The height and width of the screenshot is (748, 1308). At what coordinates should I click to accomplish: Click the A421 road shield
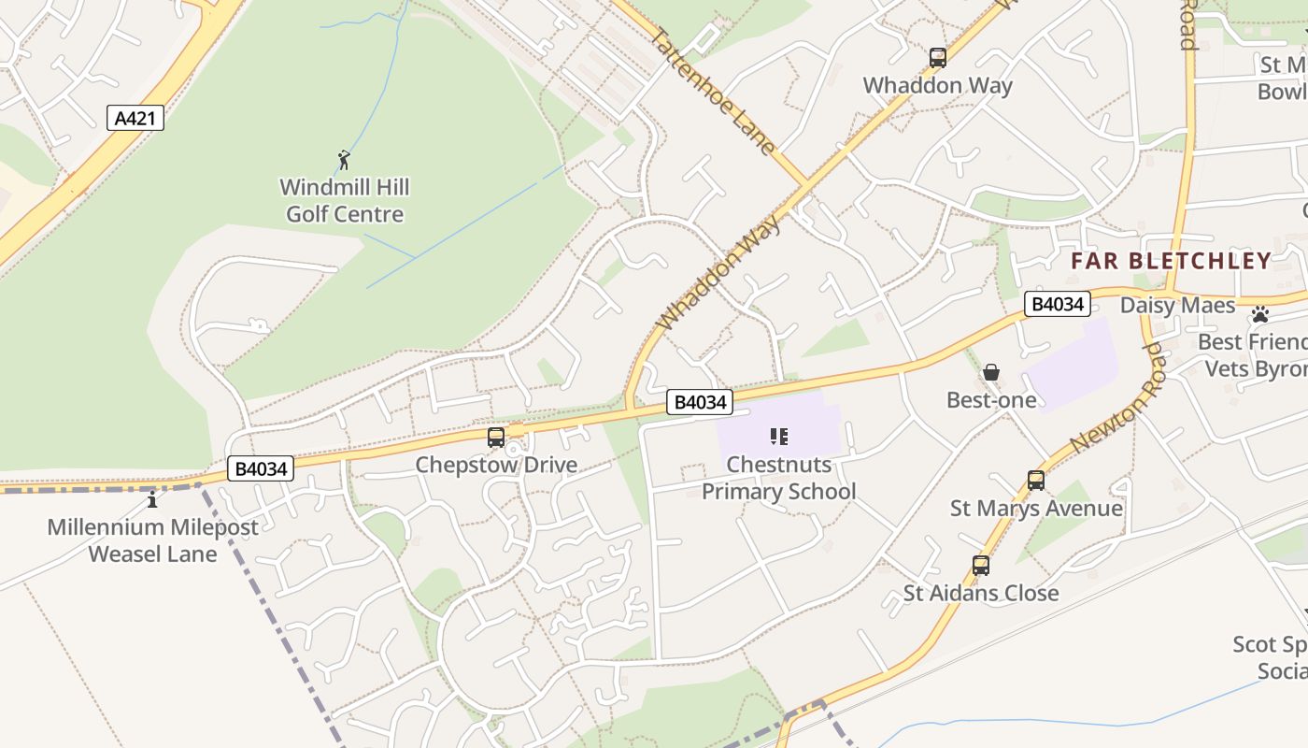pos(135,119)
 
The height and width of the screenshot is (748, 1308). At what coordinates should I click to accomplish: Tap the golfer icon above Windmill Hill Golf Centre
pos(344,160)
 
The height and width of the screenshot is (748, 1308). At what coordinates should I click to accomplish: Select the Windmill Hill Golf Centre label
pos(345,201)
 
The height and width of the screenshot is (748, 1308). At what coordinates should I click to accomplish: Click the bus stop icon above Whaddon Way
pos(938,58)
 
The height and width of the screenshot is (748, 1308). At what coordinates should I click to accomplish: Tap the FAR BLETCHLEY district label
pos(1171,261)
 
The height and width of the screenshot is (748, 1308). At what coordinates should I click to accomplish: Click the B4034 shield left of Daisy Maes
pos(1058,304)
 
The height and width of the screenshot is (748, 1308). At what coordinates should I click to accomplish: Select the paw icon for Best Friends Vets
pos(1260,314)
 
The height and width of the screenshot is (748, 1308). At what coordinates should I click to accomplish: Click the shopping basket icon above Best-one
pos(991,373)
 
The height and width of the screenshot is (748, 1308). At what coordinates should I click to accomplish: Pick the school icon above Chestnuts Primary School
pos(779,436)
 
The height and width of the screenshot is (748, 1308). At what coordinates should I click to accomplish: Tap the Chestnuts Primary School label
pos(778,478)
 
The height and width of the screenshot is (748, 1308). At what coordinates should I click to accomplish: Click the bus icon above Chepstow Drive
pos(496,437)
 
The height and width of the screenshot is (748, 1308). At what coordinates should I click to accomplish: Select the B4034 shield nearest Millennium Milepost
pos(261,468)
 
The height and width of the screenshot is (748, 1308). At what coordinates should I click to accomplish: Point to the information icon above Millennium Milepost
pos(152,500)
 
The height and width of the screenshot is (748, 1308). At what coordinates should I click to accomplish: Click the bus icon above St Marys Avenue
pos(1036,481)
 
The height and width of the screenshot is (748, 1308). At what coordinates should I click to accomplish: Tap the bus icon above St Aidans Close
pos(980,566)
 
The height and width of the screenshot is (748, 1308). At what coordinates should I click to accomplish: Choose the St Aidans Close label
pos(980,593)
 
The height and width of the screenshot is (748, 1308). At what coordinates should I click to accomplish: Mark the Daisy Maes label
pos(1177,306)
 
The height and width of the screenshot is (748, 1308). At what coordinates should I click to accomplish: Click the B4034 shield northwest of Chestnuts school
pos(700,402)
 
